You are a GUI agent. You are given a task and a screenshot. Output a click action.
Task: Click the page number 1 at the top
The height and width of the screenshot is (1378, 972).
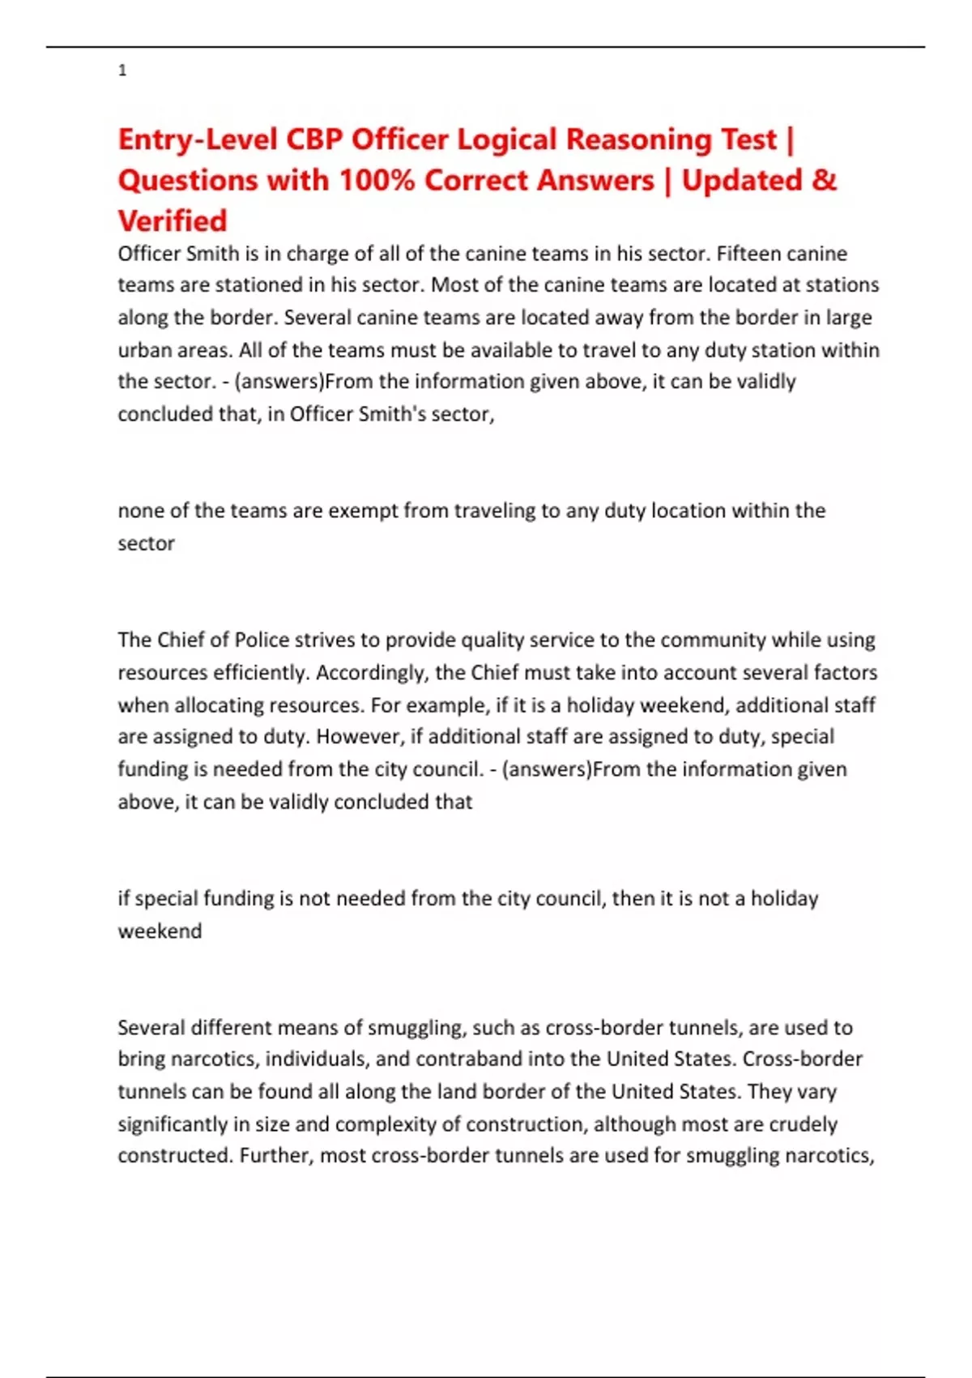[122, 71]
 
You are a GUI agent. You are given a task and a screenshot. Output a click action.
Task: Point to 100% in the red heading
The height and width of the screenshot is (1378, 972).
[377, 180]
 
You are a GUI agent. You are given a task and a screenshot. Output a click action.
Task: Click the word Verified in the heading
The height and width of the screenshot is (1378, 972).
[173, 220]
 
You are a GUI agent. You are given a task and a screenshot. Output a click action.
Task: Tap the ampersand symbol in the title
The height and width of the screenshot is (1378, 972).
[824, 180]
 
